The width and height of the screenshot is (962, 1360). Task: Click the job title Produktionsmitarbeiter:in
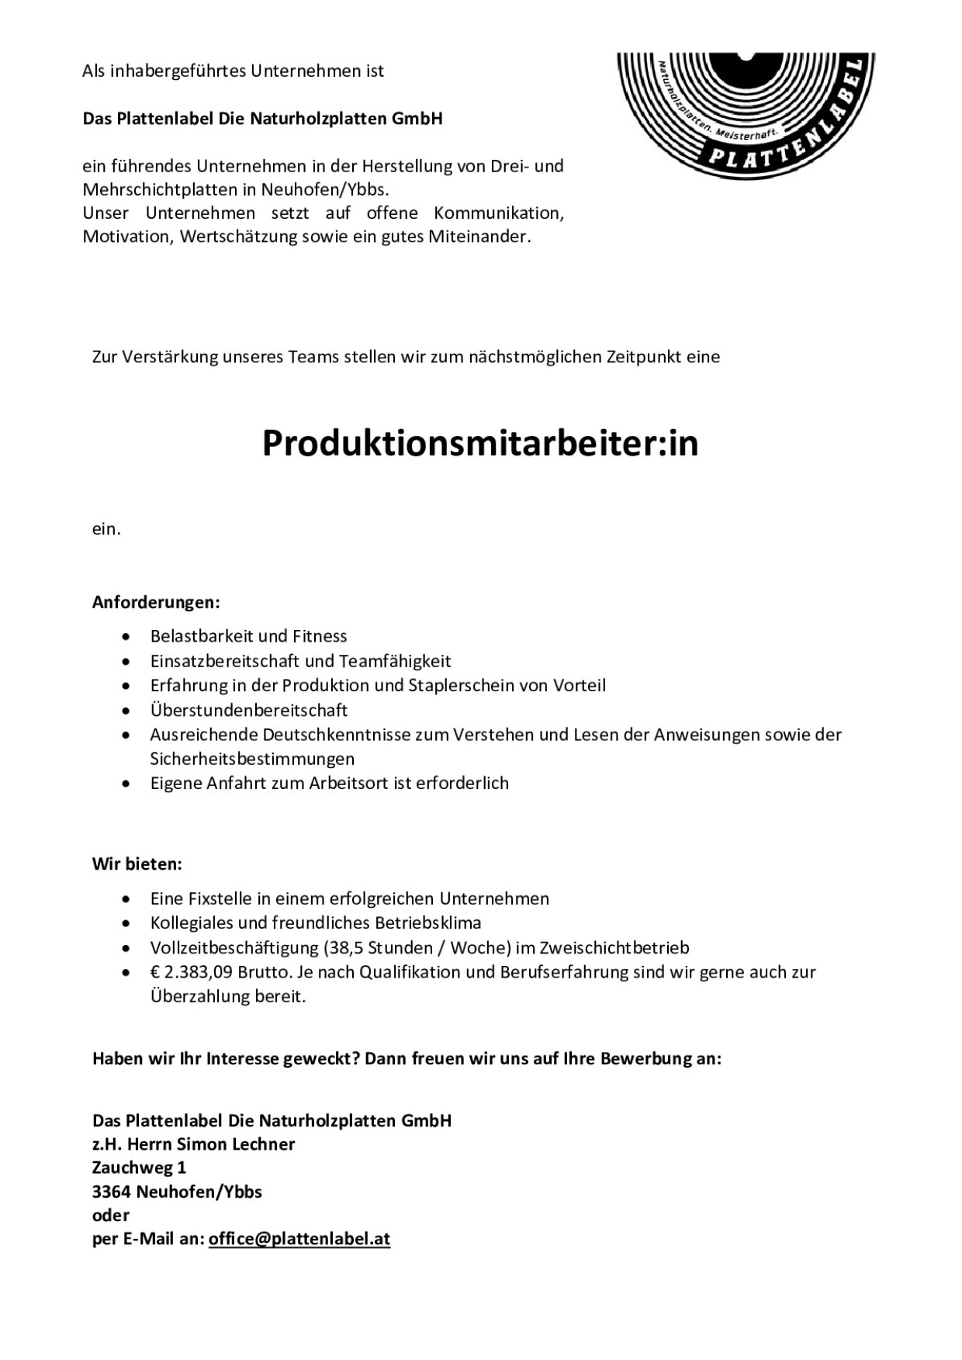coord(480,444)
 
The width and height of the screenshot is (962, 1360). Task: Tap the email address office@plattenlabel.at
coord(299,1239)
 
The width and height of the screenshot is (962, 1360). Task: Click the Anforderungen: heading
coord(156,602)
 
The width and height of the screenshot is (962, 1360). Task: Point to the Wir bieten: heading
coord(137,864)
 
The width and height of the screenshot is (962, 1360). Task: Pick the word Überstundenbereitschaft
coord(249,710)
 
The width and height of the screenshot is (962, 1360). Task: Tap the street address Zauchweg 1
coord(139,1168)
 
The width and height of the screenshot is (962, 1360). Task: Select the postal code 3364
coord(111,1192)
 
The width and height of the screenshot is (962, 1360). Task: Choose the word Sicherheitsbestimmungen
coord(252,759)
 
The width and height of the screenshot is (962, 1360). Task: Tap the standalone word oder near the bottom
coord(111,1216)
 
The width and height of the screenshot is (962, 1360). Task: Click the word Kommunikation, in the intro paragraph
coord(499,213)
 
